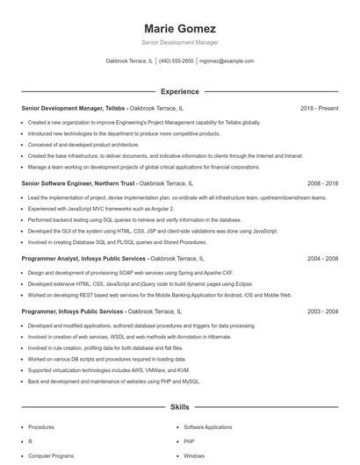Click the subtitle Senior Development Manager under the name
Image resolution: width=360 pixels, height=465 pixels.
click(x=179, y=42)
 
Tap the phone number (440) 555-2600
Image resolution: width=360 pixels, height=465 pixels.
click(x=176, y=61)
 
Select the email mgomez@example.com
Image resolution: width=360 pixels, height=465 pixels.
click(x=227, y=61)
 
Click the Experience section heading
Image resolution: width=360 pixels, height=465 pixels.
click(x=179, y=91)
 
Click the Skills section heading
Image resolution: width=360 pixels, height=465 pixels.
click(x=179, y=408)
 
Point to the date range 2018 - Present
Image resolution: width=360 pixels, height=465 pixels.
click(x=319, y=108)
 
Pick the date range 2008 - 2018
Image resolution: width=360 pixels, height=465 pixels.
click(x=323, y=183)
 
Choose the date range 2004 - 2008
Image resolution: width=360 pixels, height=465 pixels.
click(x=323, y=259)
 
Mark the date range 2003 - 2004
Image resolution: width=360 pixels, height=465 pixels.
click(x=323, y=311)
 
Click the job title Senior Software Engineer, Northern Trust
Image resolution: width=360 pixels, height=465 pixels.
click(x=77, y=183)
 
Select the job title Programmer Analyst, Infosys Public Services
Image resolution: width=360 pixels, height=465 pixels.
click(x=83, y=259)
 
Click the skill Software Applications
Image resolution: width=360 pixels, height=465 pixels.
click(x=207, y=426)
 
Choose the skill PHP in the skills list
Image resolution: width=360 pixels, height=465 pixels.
click(x=189, y=441)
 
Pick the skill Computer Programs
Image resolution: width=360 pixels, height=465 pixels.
click(x=51, y=456)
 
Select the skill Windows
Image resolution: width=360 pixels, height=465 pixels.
click(x=194, y=456)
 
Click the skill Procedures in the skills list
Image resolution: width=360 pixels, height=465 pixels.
click(x=41, y=426)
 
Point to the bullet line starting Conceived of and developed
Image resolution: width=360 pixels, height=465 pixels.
click(x=83, y=145)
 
